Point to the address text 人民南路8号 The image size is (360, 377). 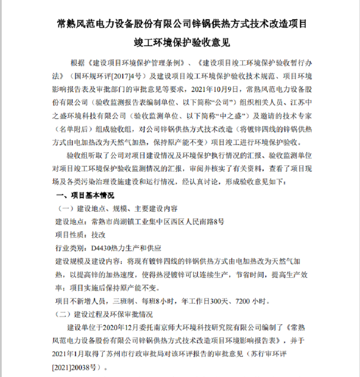[205, 222]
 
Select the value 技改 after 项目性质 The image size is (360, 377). [98, 235]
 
